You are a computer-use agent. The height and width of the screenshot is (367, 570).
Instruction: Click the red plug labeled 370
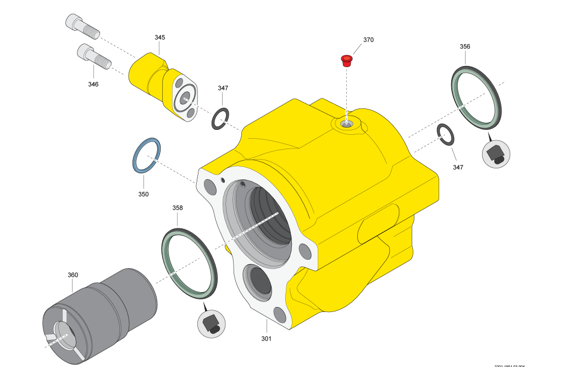click(x=347, y=60)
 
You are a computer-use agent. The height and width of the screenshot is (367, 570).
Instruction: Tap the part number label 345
click(x=159, y=37)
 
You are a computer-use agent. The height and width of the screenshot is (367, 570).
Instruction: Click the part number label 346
click(x=93, y=84)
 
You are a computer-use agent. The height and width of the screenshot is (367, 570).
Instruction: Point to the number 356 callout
click(x=465, y=47)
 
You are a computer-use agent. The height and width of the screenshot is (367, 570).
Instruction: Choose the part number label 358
click(x=178, y=208)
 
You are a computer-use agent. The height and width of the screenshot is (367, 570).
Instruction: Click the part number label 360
click(x=73, y=275)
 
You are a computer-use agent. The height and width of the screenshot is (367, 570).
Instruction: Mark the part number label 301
click(x=266, y=338)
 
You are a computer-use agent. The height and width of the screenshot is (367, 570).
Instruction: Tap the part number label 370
click(x=368, y=40)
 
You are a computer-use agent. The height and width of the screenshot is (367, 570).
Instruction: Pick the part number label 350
click(x=143, y=194)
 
